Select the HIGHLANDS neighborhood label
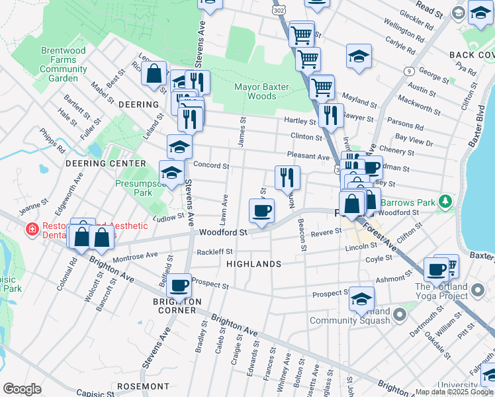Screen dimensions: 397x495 (x=253, y=264)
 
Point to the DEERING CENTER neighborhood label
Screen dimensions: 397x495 (x=105, y=163)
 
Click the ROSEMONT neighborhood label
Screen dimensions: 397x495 (x=143, y=386)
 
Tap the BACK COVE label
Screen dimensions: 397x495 (x=471, y=55)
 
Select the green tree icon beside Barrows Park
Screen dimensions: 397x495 (x=447, y=200)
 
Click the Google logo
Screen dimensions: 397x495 (x=22, y=389)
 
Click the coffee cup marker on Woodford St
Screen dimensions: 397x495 (x=261, y=212)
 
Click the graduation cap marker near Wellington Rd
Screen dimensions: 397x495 (x=359, y=56)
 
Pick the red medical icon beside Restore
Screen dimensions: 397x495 (x=30, y=230)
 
